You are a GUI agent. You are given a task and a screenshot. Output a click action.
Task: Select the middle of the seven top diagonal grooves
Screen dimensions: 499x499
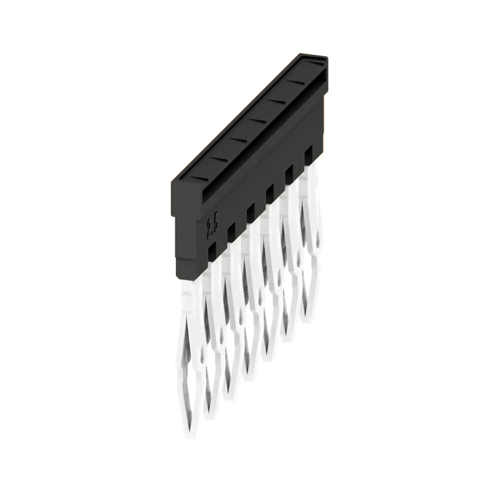click(x=256, y=120)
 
